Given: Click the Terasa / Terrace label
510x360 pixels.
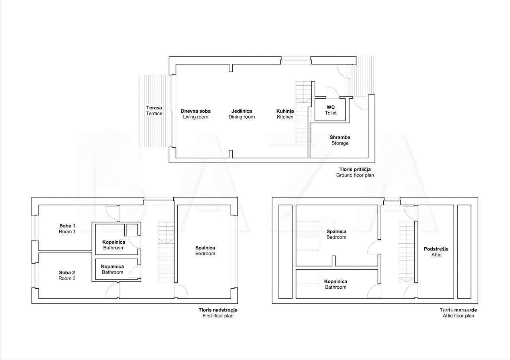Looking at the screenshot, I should (x=154, y=111).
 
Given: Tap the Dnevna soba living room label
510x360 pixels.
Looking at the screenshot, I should (x=196, y=114).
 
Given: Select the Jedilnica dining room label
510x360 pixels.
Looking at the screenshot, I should (x=241, y=114).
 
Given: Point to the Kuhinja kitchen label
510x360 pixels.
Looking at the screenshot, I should (x=285, y=114).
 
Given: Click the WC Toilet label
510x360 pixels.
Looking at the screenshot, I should (x=331, y=110).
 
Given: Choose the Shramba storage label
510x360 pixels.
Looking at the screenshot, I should (x=340, y=140).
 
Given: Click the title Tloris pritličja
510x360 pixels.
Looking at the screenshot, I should (x=355, y=169).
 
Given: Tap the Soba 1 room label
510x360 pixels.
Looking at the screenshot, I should (x=67, y=229).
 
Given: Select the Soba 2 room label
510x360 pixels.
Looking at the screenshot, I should (x=67, y=275).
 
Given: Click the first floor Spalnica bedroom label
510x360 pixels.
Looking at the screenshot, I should (x=205, y=250).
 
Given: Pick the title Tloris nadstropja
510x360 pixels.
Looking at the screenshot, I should (x=218, y=310).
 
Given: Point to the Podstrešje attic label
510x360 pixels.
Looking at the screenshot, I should (x=436, y=252).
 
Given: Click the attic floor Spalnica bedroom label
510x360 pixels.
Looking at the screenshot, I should (x=336, y=234).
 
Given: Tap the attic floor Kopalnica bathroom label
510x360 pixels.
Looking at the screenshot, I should (x=335, y=284).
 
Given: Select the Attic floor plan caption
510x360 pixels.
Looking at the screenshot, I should (x=458, y=316).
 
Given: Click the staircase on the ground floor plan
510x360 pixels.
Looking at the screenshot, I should (x=303, y=112).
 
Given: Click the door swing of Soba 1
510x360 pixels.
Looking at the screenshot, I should (x=112, y=213).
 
